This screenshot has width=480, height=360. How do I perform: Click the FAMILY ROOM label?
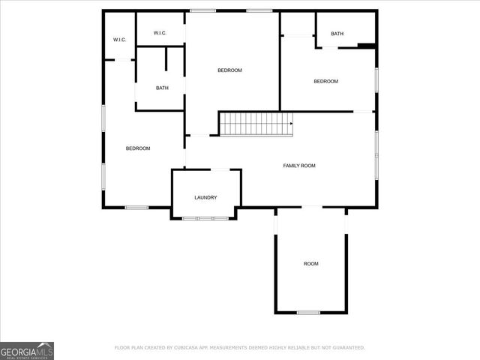coord(298,165)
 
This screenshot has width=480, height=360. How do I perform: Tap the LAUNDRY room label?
coord(205,197)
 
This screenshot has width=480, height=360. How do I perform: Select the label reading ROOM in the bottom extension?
coord(310,263)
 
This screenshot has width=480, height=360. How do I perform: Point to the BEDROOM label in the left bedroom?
coord(138,148)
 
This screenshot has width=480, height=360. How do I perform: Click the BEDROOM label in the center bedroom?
coord(229,70)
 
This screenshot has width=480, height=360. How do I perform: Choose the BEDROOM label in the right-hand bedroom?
coord(325,81)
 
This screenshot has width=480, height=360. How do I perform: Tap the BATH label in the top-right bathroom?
coord(337,34)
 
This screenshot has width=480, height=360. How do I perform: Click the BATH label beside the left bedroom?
coord(162,88)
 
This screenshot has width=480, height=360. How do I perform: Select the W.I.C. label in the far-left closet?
coord(118,39)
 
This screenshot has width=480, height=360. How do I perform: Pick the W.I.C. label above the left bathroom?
coord(159,33)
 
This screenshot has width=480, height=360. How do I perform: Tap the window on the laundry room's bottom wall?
coord(205,218)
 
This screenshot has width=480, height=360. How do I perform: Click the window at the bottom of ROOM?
coord(307,312)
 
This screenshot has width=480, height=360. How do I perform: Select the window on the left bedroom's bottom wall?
coord(136,207)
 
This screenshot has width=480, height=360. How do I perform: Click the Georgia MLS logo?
coord(27,350)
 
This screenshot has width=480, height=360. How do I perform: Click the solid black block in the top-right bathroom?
coord(366,46)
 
